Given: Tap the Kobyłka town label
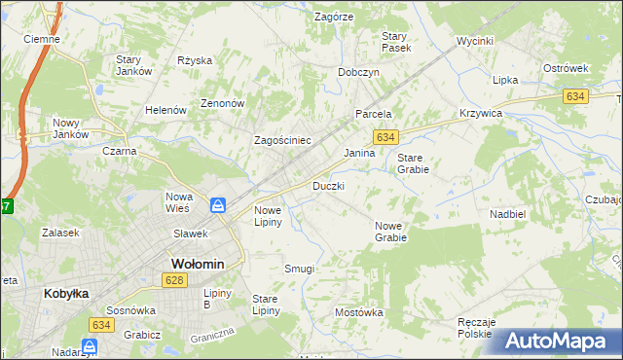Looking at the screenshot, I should (x=67, y=292).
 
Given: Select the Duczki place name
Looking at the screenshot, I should (x=328, y=185).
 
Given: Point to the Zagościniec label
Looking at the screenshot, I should (x=282, y=140).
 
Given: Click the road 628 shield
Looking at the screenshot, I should (x=174, y=280).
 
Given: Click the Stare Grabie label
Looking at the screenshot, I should (x=413, y=162).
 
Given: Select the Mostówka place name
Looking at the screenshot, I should (x=359, y=312).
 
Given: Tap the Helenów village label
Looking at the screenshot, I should (x=165, y=111).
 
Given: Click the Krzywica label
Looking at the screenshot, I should (x=480, y=114).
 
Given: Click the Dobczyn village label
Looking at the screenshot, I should (x=358, y=72).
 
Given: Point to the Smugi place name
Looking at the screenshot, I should (x=299, y=268).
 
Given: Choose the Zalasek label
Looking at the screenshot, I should (x=59, y=234).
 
